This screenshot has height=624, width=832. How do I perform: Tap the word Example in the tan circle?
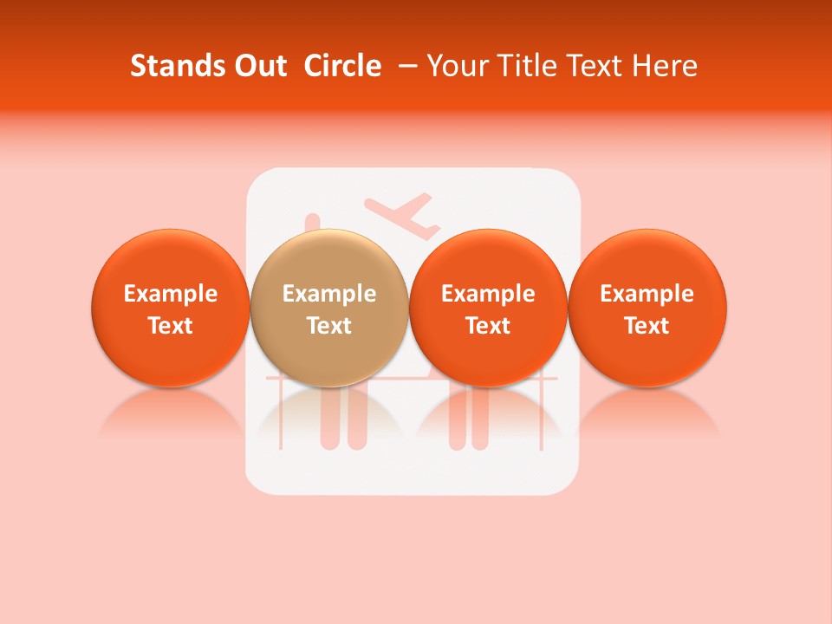329,294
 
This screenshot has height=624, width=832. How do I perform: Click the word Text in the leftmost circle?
170,326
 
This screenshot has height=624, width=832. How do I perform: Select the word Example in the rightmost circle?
647,294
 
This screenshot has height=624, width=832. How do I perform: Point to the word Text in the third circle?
488,326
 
